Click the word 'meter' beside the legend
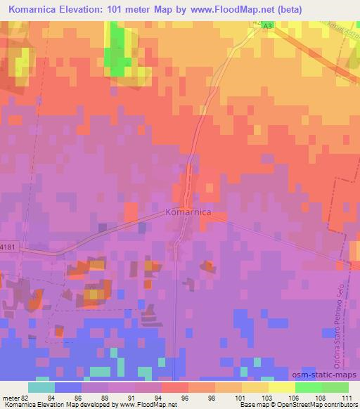point(9,398)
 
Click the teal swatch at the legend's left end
point(41,387)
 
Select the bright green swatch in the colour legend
point(308,387)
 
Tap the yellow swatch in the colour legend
point(281,387)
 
